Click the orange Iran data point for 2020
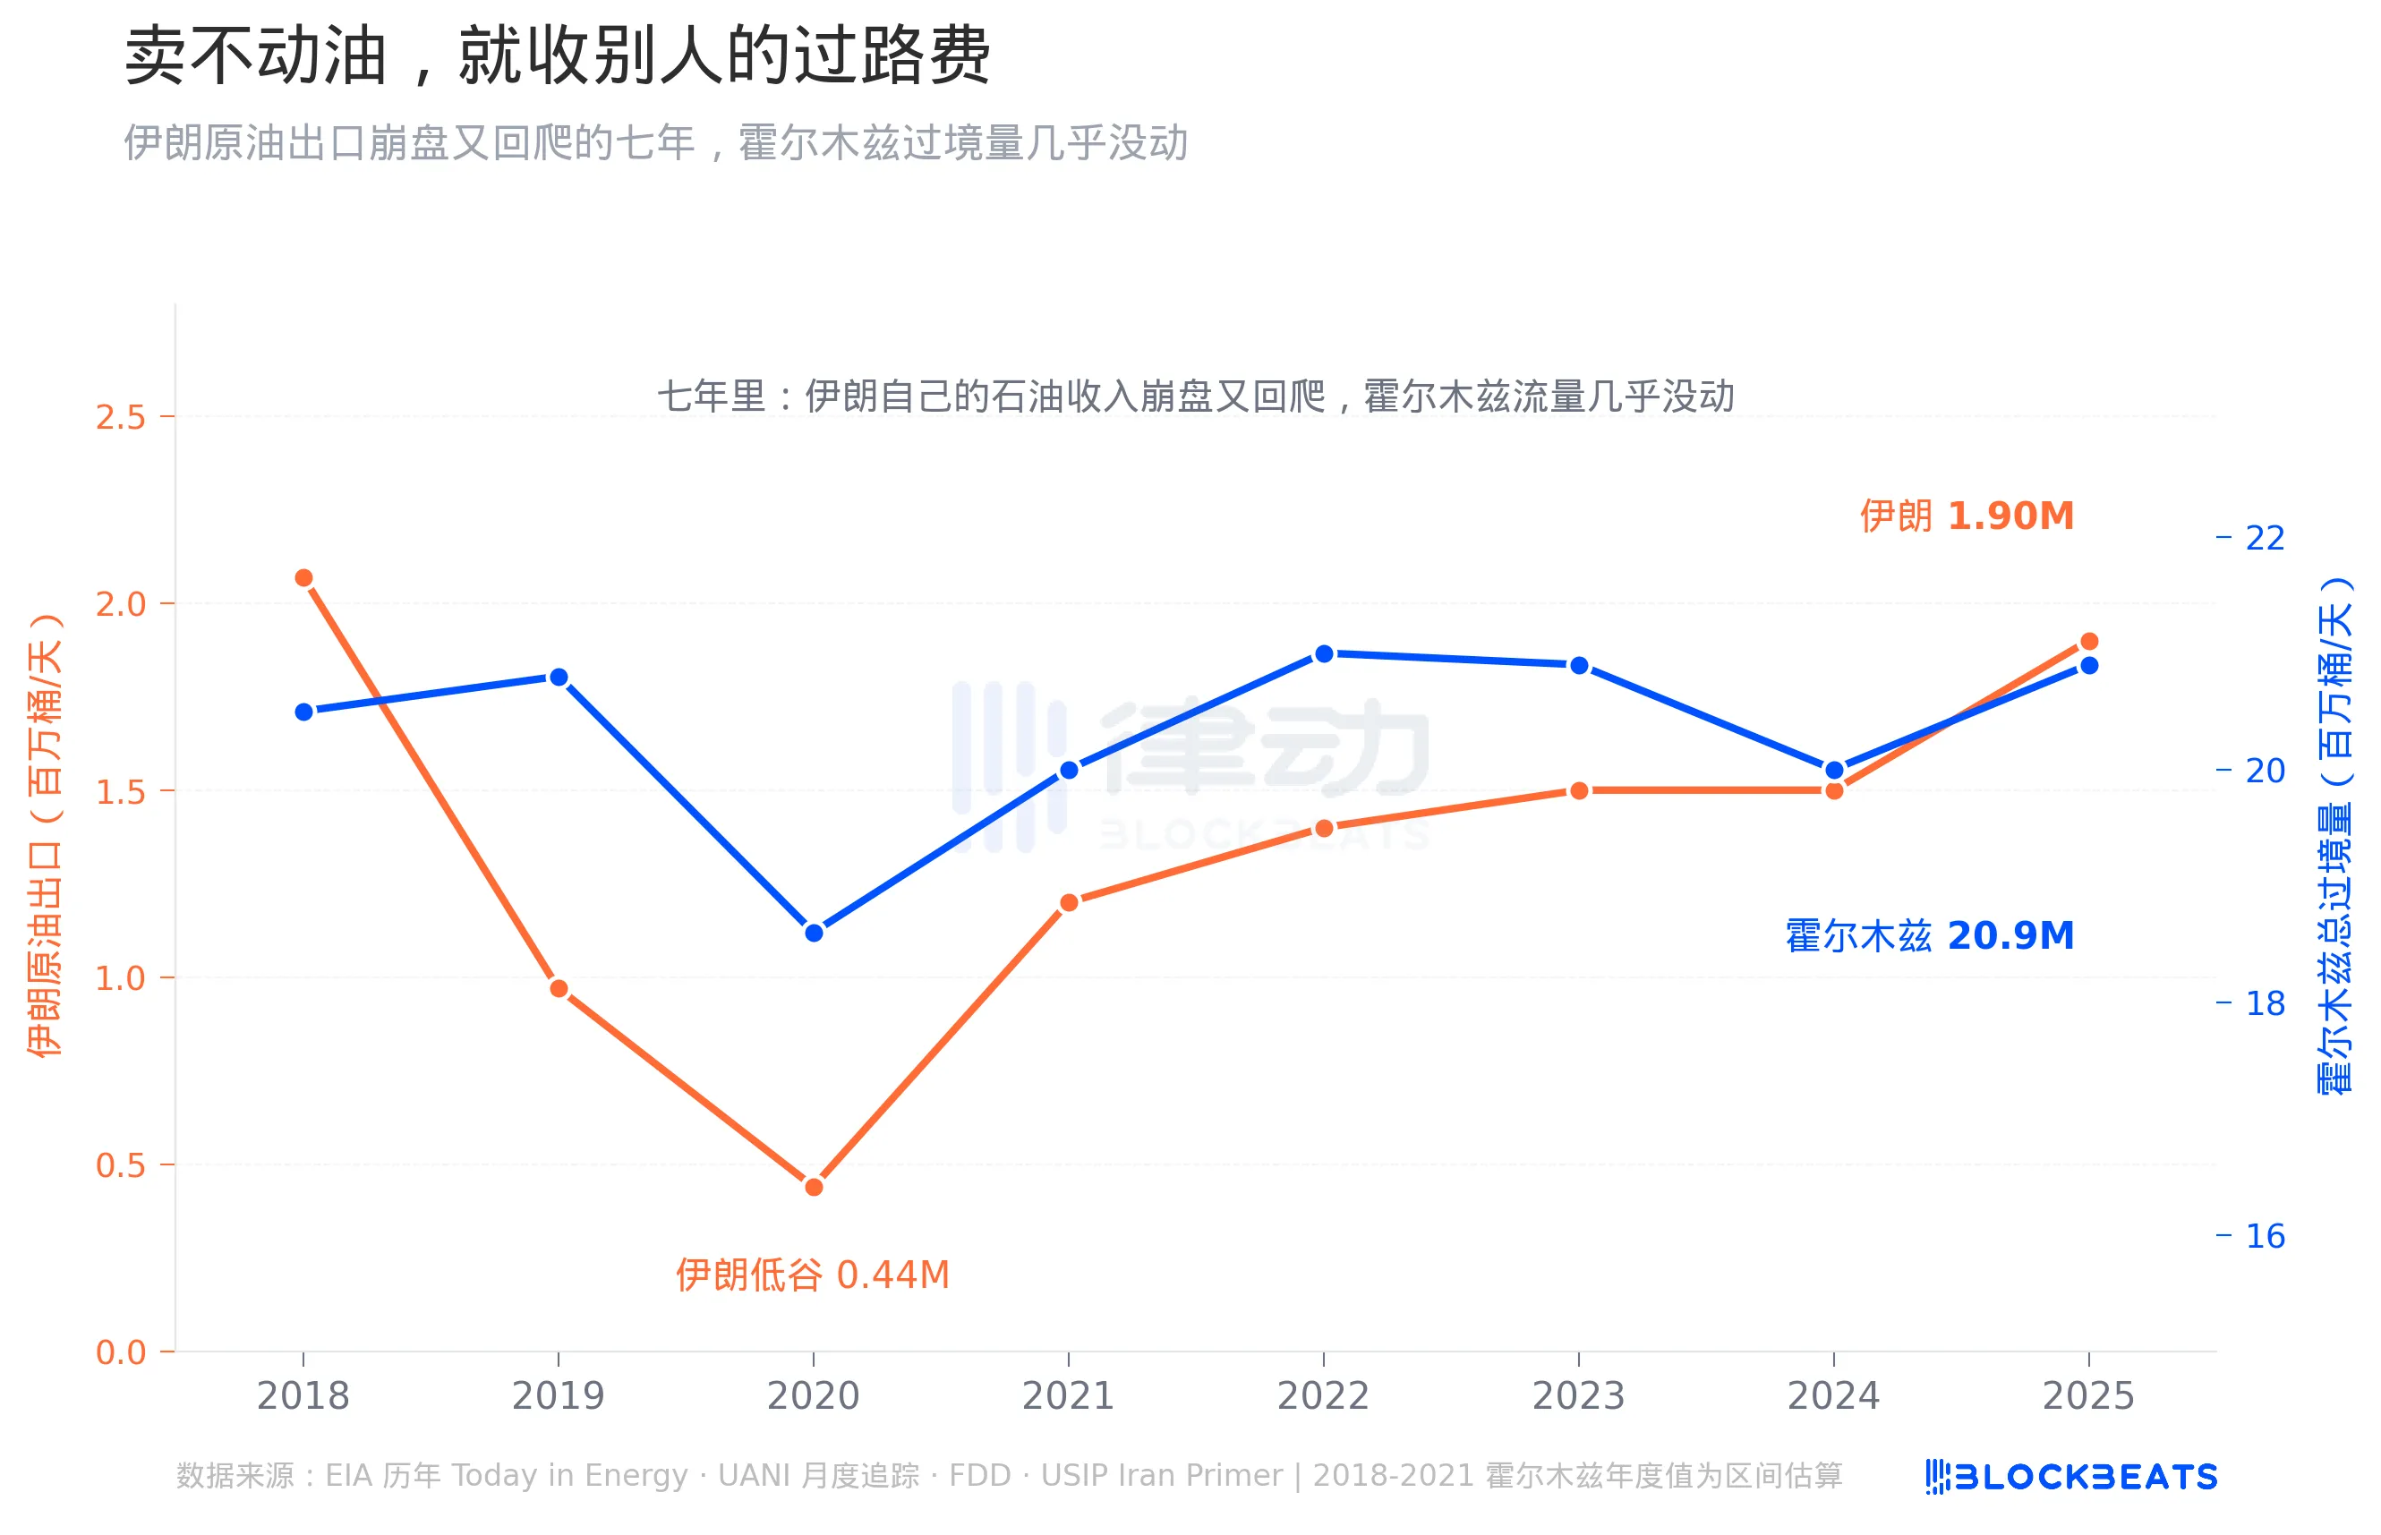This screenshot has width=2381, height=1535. point(814,1186)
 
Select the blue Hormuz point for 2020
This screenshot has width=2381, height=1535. point(814,933)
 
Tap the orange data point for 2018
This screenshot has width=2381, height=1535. point(304,578)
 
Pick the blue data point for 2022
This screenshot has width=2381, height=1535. point(1324,654)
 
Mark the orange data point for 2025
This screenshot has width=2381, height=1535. point(2089,641)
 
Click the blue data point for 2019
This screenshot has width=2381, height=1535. point(559,678)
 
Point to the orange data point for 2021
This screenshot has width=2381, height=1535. point(1069,902)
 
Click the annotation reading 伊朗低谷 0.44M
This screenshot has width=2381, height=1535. point(812,1275)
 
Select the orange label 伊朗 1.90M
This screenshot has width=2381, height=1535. point(1967,516)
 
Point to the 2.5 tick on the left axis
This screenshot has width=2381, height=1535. point(121,417)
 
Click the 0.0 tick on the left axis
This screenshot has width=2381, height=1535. point(121,1352)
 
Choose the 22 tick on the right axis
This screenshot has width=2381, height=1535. point(2265,538)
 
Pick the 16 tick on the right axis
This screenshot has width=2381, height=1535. point(2265,1236)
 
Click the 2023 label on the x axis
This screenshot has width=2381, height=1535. point(1578,1395)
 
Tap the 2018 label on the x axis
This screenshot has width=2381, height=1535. point(303,1395)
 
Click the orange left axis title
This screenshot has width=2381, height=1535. point(45,835)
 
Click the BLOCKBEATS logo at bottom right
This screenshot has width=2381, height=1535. point(2071,1476)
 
